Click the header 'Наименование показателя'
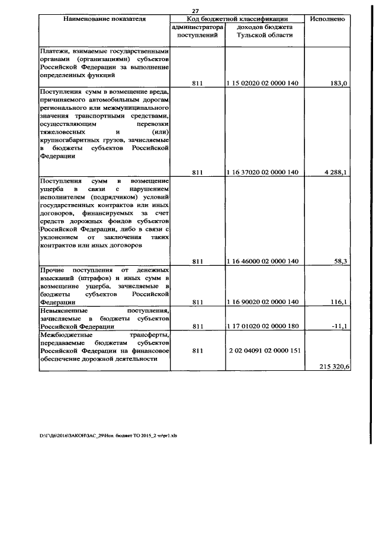(x=104, y=20)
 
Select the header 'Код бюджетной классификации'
(x=237, y=20)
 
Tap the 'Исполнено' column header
(x=327, y=20)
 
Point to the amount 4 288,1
(x=335, y=172)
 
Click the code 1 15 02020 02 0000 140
(x=262, y=84)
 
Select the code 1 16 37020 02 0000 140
(x=262, y=172)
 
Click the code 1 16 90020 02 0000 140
(x=262, y=302)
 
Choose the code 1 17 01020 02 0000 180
(x=262, y=326)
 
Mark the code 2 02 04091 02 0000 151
(x=264, y=351)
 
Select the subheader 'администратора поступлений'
(x=198, y=31)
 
